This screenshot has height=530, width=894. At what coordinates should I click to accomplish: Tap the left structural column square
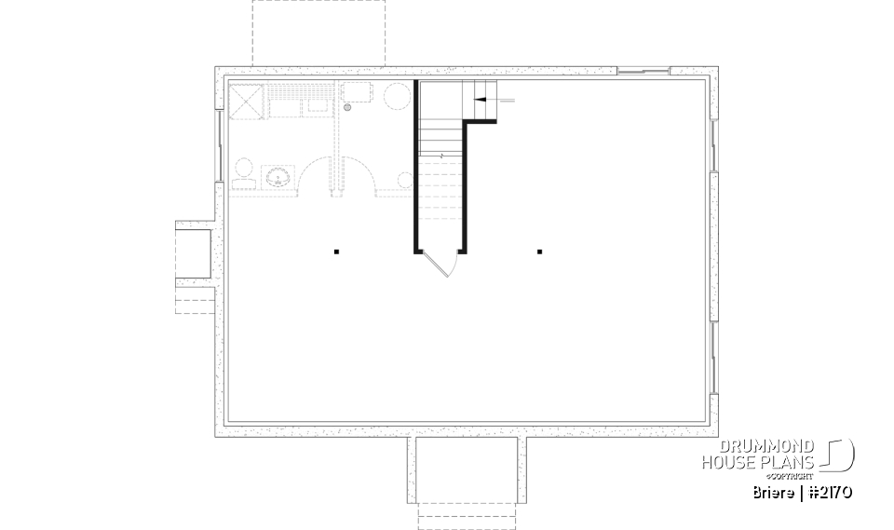point(336,251)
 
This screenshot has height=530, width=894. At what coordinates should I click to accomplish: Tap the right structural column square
point(539,251)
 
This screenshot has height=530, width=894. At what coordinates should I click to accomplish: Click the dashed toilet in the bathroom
point(243,172)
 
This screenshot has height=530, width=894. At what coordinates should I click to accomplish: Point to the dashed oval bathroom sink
point(278,176)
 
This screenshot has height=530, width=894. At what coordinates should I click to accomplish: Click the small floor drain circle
point(347,109)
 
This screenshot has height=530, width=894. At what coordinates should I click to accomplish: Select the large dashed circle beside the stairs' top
point(398,97)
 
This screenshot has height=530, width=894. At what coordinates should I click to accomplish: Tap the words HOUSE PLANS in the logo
point(758,462)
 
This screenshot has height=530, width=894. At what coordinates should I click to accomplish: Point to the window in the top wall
point(643,71)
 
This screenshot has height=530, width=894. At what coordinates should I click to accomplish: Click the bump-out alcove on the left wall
point(195,251)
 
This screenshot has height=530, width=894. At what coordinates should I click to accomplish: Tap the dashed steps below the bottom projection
point(466,515)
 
